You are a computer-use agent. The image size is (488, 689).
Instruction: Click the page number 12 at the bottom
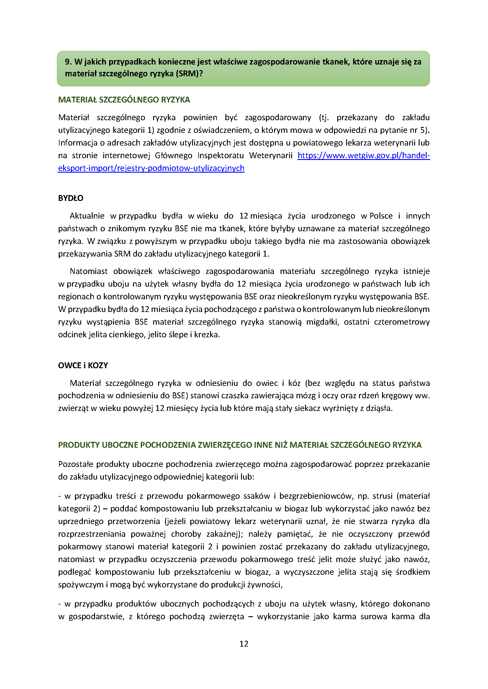(x=244, y=644)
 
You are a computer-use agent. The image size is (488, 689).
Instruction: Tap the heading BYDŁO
(x=71, y=198)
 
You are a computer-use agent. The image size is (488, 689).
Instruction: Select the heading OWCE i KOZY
(x=83, y=365)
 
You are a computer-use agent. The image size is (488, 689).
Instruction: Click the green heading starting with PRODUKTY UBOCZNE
(x=240, y=445)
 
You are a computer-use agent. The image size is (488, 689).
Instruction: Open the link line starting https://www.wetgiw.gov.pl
(x=363, y=156)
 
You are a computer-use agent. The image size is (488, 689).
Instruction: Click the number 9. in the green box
(x=68, y=62)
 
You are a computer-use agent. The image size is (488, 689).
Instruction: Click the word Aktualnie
(x=87, y=216)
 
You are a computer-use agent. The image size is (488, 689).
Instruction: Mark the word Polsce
(x=381, y=216)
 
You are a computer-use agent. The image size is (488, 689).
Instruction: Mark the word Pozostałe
(x=76, y=464)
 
